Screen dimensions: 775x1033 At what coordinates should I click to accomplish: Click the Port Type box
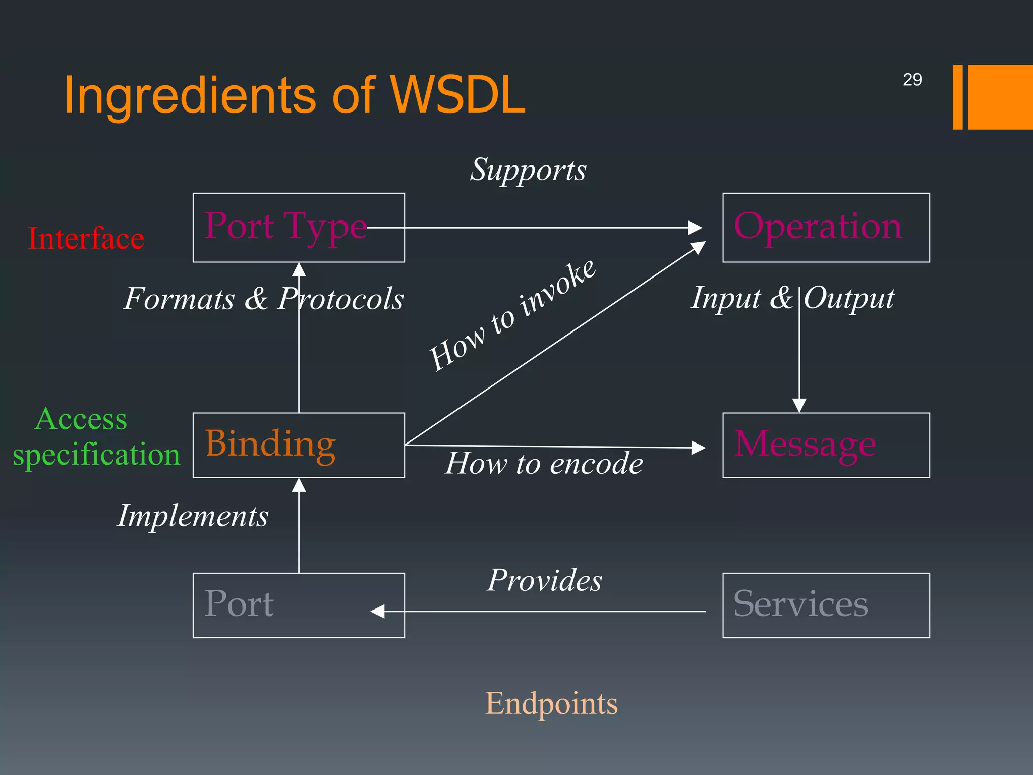point(299,228)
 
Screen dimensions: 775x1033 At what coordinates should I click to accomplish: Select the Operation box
point(826,228)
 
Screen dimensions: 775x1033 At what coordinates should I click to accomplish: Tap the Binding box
point(299,445)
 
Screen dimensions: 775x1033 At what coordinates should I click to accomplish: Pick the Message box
point(826,445)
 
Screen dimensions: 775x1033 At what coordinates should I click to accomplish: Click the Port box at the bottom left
point(299,605)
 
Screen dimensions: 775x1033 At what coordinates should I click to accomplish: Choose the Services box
point(826,605)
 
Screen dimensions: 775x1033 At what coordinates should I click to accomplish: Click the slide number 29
point(912,80)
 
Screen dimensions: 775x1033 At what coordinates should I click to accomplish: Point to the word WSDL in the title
point(458,95)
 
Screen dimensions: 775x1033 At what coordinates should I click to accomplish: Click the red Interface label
point(86,238)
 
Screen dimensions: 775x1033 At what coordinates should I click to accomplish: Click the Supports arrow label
point(528,170)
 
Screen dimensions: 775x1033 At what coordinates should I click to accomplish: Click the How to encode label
point(544,463)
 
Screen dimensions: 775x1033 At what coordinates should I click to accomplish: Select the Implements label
point(193,516)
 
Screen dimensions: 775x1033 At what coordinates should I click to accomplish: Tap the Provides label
point(545,580)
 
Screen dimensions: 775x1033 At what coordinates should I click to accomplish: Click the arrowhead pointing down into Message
point(799,405)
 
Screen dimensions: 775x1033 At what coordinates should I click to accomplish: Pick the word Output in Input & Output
point(849,299)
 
